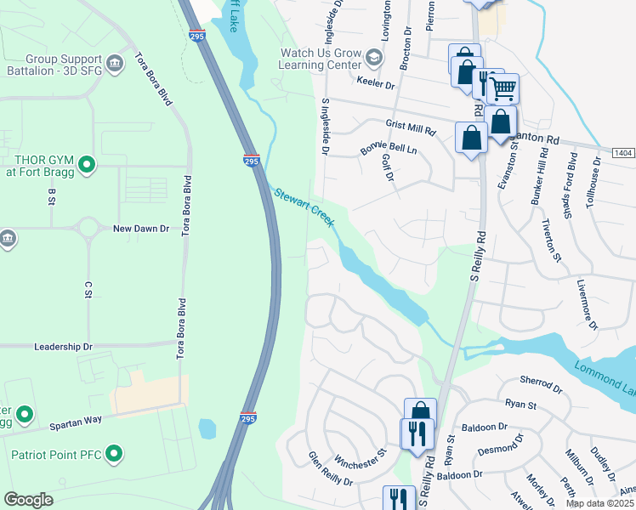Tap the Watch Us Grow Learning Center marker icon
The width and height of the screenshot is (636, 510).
pyautogui.click(x=373, y=58)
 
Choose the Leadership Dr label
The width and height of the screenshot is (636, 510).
pyautogui.click(x=62, y=347)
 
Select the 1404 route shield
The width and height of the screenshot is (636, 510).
pyautogui.click(x=622, y=152)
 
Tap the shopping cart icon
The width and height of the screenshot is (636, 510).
pyautogui.click(x=503, y=87)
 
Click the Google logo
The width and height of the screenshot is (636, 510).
pyautogui.click(x=28, y=500)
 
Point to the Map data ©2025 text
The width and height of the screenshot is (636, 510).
pyautogui.click(x=600, y=503)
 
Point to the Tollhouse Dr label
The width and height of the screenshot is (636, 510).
pyautogui.click(x=599, y=183)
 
